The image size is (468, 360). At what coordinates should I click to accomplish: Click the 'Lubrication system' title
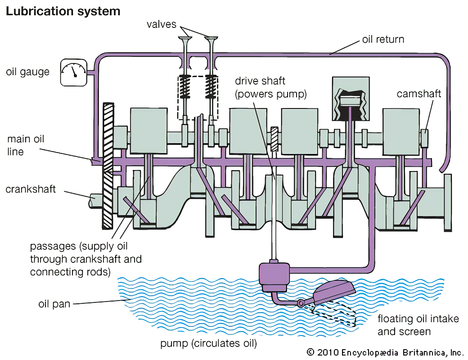(x=63, y=11)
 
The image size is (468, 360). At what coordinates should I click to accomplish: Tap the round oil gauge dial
(x=73, y=72)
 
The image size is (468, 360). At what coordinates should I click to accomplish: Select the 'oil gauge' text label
(x=28, y=72)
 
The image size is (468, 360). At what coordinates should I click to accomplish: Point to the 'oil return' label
(x=383, y=39)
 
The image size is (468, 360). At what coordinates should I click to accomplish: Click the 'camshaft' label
(x=419, y=94)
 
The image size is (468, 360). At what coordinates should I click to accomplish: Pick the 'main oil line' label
(x=26, y=145)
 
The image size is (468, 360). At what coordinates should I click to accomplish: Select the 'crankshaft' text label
(x=31, y=189)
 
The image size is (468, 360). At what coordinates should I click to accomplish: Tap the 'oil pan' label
(x=54, y=304)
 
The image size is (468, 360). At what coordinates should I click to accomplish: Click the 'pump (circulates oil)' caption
(x=208, y=344)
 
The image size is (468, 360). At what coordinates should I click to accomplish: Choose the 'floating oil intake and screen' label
(x=418, y=325)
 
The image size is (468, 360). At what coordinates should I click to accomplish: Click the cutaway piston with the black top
(x=350, y=101)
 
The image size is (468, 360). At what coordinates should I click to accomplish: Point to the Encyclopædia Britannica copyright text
(x=385, y=352)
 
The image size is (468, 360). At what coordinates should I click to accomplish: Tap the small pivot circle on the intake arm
(x=301, y=304)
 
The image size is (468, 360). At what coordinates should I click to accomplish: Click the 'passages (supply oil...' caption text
(x=86, y=259)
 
